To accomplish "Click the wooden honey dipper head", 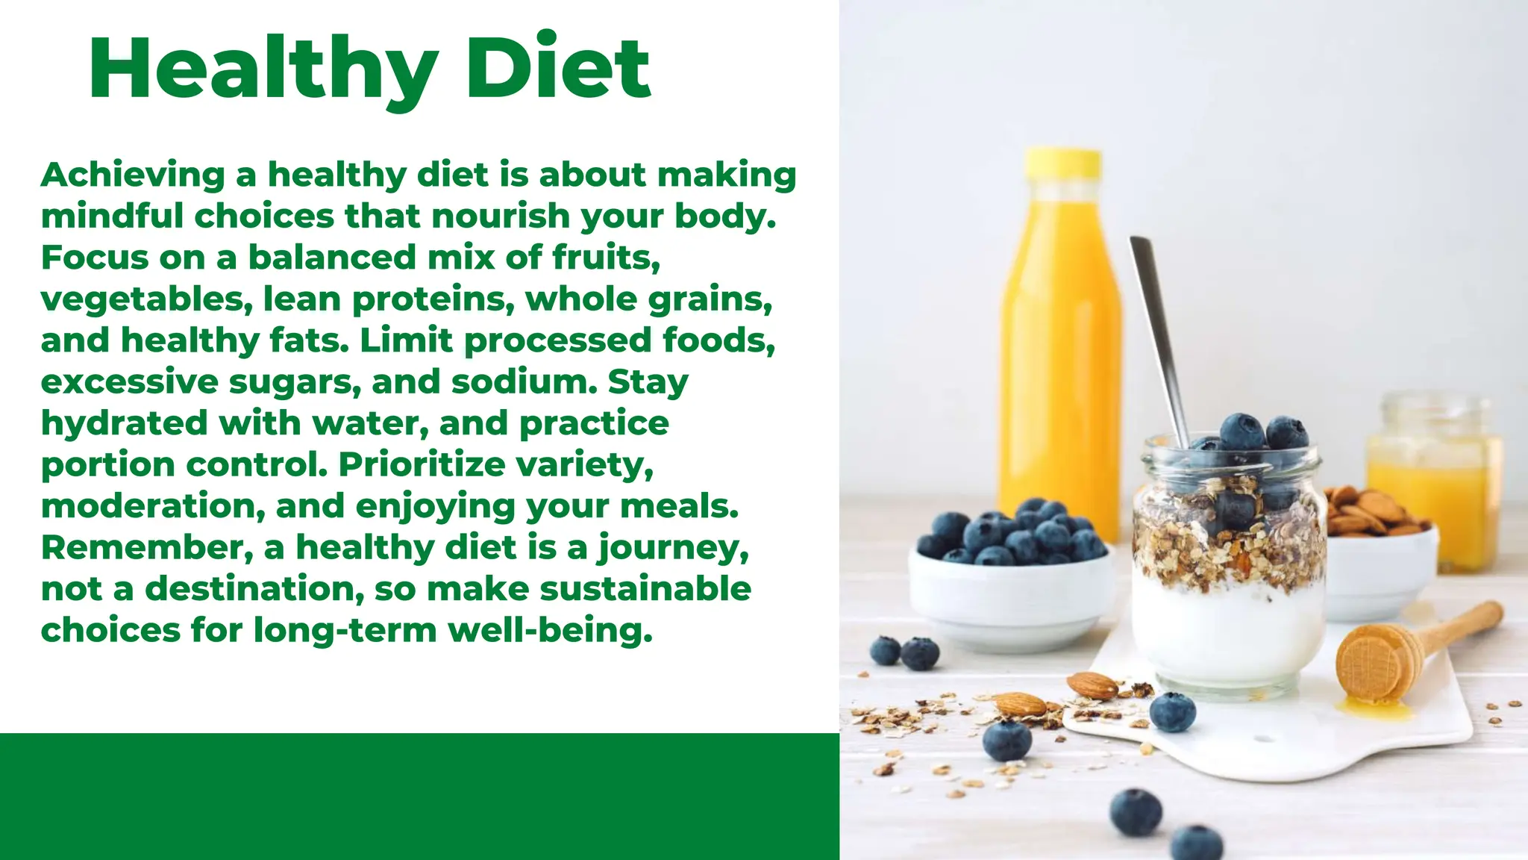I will (x=1370, y=661).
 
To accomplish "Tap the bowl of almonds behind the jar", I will (x=1380, y=552).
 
